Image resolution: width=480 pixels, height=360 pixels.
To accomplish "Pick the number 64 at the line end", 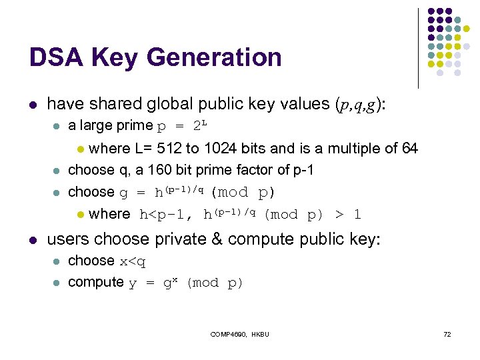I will tap(409, 148).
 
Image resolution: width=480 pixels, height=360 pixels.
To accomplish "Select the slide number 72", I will tap(447, 333).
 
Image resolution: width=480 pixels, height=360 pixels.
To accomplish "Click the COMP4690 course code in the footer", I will tap(227, 333).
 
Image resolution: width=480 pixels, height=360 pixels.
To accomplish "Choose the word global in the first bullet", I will tap(173, 104).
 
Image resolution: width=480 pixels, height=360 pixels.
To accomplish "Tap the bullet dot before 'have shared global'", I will tap(33, 105).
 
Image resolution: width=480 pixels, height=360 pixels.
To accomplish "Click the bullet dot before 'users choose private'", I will tap(33, 239).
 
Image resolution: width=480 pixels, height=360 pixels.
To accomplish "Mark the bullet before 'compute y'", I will tap(57, 283).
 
